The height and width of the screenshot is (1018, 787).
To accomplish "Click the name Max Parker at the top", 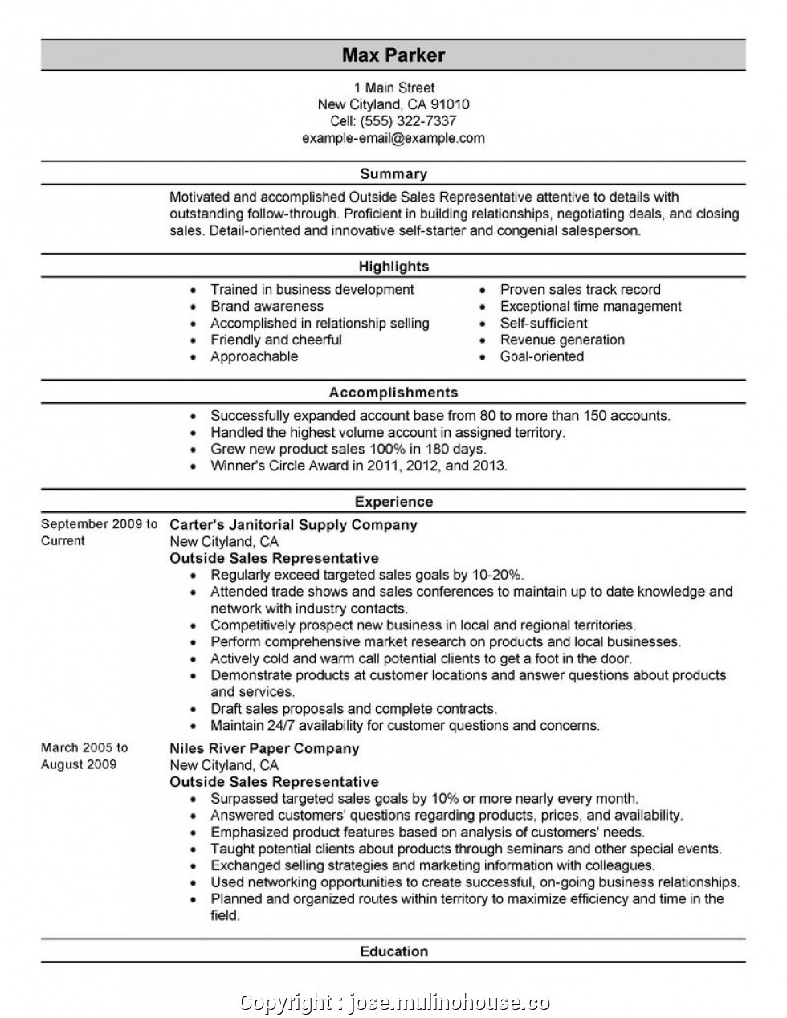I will [393, 55].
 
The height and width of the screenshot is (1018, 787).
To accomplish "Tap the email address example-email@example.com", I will [393, 138].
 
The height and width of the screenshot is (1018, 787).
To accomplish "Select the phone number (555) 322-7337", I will [410, 121].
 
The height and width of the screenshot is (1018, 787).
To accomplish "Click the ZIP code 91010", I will [451, 104].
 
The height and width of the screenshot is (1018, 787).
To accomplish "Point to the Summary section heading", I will [393, 173].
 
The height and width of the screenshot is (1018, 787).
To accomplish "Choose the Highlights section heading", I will [393, 267].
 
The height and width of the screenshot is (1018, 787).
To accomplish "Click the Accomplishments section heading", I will [393, 393].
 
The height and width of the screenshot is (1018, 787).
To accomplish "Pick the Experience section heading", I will [393, 502].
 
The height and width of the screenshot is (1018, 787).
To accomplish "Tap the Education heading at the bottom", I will [393, 951].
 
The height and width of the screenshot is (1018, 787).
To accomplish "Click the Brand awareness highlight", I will [267, 307].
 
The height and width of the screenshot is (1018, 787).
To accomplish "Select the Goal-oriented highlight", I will [542, 356].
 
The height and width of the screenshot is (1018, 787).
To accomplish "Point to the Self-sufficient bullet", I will [544, 324].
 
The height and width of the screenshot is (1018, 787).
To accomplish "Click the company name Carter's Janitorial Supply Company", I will [293, 525].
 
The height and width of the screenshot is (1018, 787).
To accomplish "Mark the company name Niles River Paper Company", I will [264, 748].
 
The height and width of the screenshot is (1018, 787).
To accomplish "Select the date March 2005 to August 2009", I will [84, 755].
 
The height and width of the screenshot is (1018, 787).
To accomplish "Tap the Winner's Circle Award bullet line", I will [358, 466].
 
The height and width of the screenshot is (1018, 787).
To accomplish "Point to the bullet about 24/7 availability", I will [405, 726].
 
